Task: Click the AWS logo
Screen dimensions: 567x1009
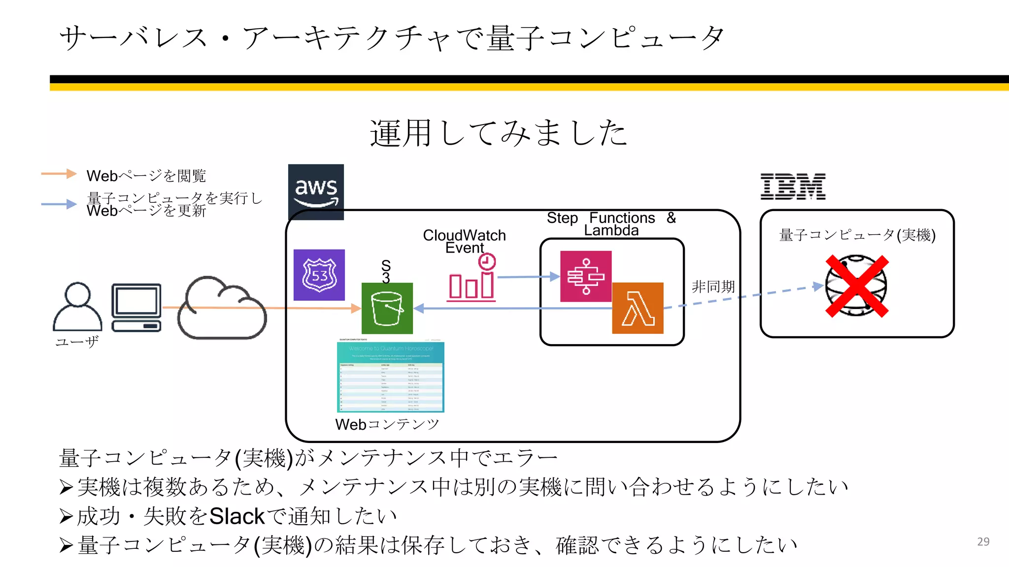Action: tap(316, 191)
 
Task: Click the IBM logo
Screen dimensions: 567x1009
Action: tap(793, 187)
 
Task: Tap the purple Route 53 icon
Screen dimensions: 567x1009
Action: tap(319, 275)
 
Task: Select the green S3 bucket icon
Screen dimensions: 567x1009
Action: tap(387, 308)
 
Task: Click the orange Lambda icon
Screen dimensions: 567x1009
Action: tap(638, 308)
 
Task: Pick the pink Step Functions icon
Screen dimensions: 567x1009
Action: tap(586, 276)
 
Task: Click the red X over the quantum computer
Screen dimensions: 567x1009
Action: tap(857, 286)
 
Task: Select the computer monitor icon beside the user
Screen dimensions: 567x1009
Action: tap(136, 307)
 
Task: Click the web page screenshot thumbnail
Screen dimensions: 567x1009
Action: tap(390, 377)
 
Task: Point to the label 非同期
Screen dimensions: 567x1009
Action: tap(713, 286)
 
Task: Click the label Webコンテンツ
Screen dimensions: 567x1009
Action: tap(387, 424)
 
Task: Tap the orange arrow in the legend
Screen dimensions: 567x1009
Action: tap(59, 173)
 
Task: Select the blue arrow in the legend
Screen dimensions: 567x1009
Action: tap(59, 204)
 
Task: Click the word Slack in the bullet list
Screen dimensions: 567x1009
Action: tap(237, 516)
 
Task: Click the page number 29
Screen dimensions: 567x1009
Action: tap(983, 541)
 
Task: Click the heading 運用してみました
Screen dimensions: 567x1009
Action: tap(499, 133)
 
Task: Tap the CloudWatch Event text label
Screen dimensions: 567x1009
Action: tap(464, 241)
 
